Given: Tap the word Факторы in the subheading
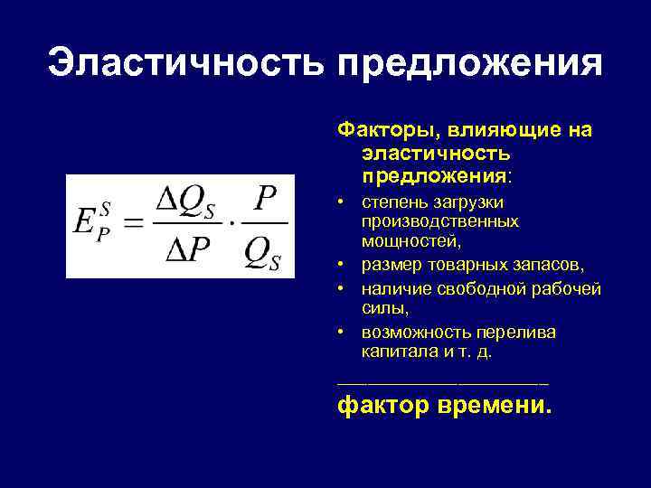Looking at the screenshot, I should (378, 130).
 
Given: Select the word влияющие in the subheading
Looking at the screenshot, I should (497, 130).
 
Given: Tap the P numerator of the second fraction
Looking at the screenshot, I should (265, 201).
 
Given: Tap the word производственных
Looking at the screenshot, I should (439, 221).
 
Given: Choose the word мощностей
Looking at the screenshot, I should (411, 241).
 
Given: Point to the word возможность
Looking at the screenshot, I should (413, 332).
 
